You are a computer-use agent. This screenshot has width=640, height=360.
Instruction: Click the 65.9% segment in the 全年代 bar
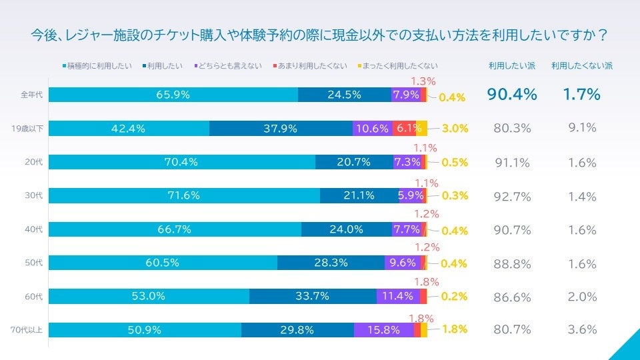click(173, 95)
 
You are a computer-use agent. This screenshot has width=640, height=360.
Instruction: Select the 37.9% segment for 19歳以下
click(280, 129)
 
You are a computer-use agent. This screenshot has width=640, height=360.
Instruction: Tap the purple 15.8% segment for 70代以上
click(383, 329)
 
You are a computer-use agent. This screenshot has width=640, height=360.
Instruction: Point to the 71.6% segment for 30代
click(184, 195)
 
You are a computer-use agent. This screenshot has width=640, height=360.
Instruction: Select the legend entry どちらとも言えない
click(229, 66)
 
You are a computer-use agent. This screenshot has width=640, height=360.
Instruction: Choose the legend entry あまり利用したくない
click(313, 66)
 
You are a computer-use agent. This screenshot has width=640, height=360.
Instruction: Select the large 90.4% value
click(512, 95)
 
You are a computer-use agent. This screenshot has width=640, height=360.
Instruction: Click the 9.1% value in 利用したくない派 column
click(582, 127)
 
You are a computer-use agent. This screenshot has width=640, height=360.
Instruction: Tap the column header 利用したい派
click(511, 66)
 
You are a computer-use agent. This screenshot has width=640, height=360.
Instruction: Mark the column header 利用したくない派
click(582, 66)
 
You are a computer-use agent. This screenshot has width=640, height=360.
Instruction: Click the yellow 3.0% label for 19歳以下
click(455, 129)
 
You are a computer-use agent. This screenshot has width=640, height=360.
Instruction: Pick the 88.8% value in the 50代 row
click(512, 264)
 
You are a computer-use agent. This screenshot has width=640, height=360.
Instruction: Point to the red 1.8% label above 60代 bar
click(426, 281)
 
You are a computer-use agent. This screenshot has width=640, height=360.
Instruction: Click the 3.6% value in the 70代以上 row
click(582, 329)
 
